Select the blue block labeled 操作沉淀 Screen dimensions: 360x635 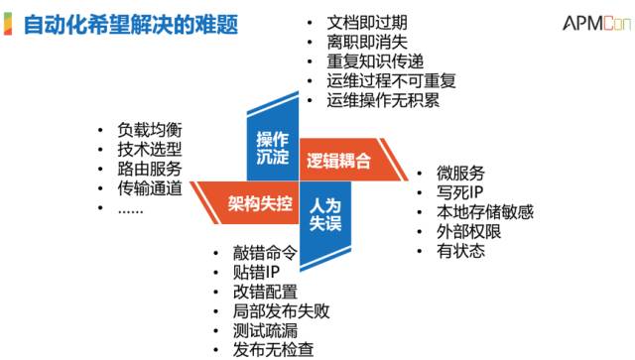coord(272,146)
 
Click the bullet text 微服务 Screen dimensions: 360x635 coord(460,173)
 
